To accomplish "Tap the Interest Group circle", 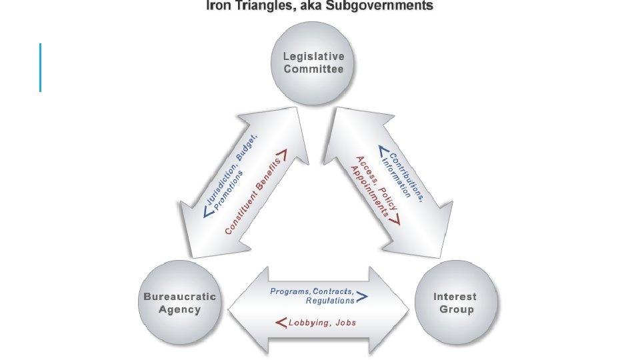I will pyautogui.click(x=456, y=303).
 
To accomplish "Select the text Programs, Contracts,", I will pyautogui.click(x=313, y=291).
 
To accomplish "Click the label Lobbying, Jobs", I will pyautogui.click(x=321, y=323).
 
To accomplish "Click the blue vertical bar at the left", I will pyautogui.click(x=41, y=67).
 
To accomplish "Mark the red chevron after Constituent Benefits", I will pyautogui.click(x=281, y=157).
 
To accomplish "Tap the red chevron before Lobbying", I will pyautogui.click(x=281, y=323).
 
